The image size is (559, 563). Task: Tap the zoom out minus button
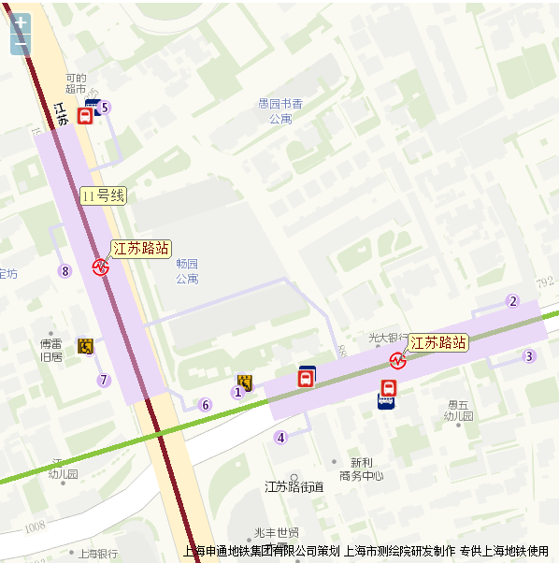coord(21,44)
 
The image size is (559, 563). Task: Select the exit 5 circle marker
coord(105,108)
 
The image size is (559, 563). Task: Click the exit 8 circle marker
coord(64,271)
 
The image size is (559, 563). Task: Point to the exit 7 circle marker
coord(105,380)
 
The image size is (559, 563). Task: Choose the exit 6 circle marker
coord(206,405)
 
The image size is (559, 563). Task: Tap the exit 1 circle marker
coord(237,392)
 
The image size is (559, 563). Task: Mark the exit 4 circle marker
coord(280,437)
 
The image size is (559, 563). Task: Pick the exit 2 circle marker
coord(512,301)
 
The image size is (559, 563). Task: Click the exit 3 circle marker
coord(529,355)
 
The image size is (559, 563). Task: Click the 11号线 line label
coord(103,195)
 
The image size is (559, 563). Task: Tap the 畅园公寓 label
coord(187,271)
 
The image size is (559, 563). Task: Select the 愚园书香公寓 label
coord(280,110)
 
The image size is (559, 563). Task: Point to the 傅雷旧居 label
coord(50,350)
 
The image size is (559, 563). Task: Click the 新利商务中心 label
coord(361,469)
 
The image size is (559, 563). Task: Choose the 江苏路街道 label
coord(294,486)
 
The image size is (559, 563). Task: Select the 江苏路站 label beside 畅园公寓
coord(141,248)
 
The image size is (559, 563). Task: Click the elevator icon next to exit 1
coord(246,382)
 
